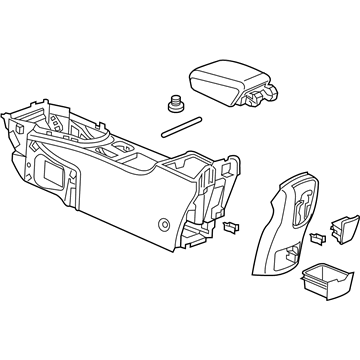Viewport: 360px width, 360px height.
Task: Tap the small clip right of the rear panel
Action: click(x=318, y=238)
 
